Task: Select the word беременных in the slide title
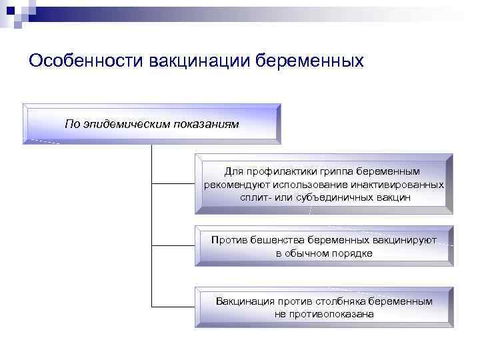coord(313,61)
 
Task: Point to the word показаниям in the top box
coord(204,124)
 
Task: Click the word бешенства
coord(273,240)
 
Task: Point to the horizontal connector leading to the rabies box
coord(173,245)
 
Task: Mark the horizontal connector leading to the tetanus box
coord(173,307)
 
